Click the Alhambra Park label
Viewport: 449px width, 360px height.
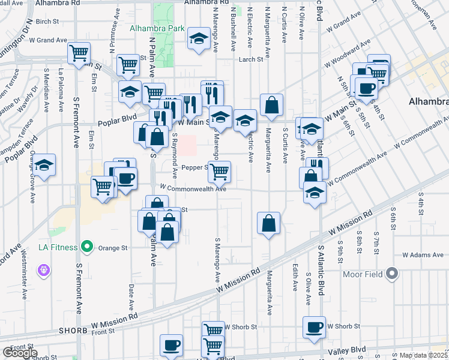click(153, 28)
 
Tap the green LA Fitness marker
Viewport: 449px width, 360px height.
click(87, 247)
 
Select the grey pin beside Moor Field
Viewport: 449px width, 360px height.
click(393, 274)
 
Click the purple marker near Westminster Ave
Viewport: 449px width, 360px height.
click(43, 271)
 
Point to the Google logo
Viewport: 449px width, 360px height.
click(20, 353)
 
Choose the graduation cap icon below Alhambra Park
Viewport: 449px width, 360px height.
click(196, 40)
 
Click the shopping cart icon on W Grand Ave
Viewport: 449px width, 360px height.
click(79, 53)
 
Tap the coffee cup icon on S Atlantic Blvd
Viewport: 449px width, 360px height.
click(314, 327)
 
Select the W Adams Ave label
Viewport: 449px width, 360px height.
click(423, 255)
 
